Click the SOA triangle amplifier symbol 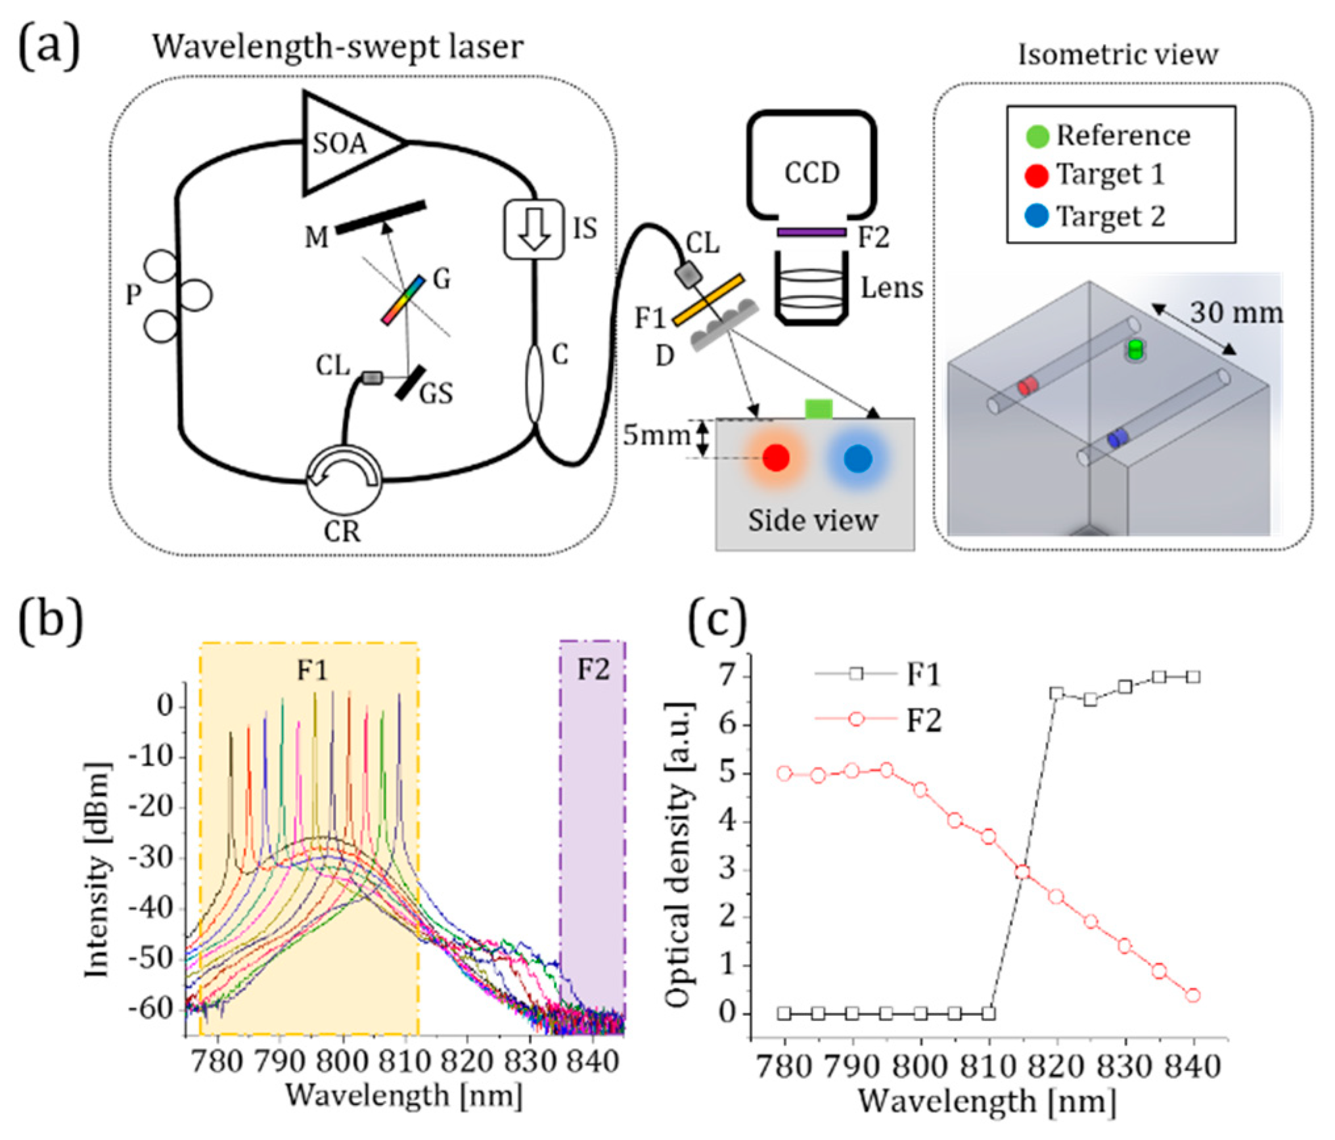pyautogui.click(x=345, y=143)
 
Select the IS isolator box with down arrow pyautogui.click(x=534, y=229)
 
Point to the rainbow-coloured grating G pyautogui.click(x=403, y=300)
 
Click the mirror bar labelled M pyautogui.click(x=380, y=217)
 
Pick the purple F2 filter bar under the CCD pyautogui.click(x=811, y=232)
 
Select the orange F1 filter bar pyautogui.click(x=708, y=300)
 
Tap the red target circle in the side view pyautogui.click(x=776, y=458)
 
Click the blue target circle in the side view pyautogui.click(x=857, y=458)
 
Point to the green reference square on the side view pyautogui.click(x=819, y=409)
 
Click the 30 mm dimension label pyautogui.click(x=1236, y=313)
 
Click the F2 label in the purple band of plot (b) pyautogui.click(x=593, y=670)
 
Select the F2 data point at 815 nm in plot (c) pyautogui.click(x=1022, y=871)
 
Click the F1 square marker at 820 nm pyautogui.click(x=1056, y=693)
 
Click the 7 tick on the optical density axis pyautogui.click(x=727, y=676)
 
